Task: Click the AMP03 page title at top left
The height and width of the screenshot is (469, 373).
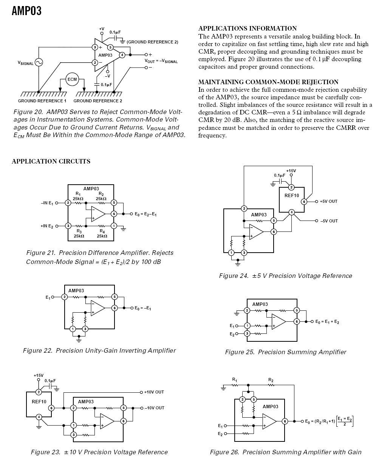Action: pos(26,11)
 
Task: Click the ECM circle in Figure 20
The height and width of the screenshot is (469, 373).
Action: pos(72,79)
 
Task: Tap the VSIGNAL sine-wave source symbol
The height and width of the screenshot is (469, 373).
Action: pos(39,62)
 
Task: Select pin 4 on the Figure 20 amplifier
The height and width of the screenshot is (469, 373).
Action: pos(122,55)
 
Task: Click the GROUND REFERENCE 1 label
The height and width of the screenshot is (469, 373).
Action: pos(42,101)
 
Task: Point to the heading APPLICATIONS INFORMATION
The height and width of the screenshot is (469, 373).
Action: pos(248,28)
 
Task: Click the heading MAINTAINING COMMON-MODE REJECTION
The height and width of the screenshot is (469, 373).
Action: pos(268,82)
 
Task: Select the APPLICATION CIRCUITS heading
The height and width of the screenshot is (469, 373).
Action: pos(51,161)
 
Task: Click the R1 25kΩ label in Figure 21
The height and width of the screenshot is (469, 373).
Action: pos(78,196)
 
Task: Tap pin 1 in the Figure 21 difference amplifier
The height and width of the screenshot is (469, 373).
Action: pos(114,226)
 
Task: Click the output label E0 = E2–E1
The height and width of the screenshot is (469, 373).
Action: pos(145,214)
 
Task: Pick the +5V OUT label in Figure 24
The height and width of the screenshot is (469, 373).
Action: pos(328,201)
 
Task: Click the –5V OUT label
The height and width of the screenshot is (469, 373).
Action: pos(329,221)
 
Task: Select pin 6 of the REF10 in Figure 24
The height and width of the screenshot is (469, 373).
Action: pos(304,202)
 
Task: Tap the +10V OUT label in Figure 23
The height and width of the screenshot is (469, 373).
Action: pos(154,392)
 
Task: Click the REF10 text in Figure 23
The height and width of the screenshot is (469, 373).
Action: pos(39,401)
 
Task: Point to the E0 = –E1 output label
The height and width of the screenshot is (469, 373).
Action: pos(142,308)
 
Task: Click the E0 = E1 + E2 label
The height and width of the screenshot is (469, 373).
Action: pos(327,321)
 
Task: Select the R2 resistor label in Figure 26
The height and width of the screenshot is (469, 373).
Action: pos(271,380)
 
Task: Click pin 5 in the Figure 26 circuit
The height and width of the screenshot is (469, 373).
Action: pos(254,400)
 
